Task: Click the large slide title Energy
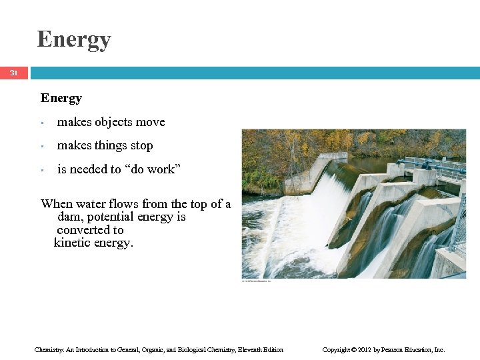[74, 39]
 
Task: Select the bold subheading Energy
[61, 99]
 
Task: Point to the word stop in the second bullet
[141, 146]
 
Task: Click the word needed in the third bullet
[88, 169]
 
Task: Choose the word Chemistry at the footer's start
[49, 349]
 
